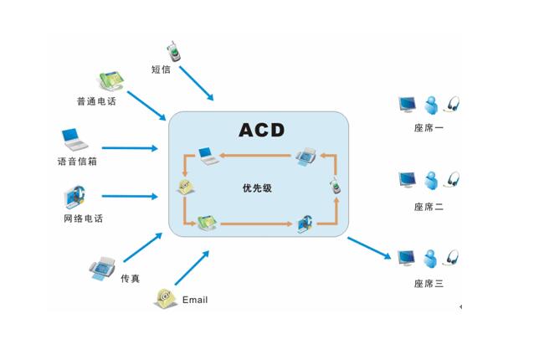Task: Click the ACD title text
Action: click(x=262, y=130)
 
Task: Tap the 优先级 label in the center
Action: click(x=257, y=188)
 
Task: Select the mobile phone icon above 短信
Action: click(x=174, y=51)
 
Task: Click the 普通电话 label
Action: click(x=97, y=101)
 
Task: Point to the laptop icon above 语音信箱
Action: click(x=74, y=137)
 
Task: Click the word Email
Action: click(x=194, y=300)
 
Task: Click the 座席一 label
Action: click(x=429, y=128)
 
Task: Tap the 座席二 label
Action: click(x=429, y=206)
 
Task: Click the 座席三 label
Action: click(x=429, y=284)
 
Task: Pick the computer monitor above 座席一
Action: click(x=408, y=105)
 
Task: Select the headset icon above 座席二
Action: click(x=454, y=180)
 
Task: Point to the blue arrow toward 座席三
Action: click(x=369, y=249)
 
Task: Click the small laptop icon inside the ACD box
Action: click(x=206, y=155)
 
